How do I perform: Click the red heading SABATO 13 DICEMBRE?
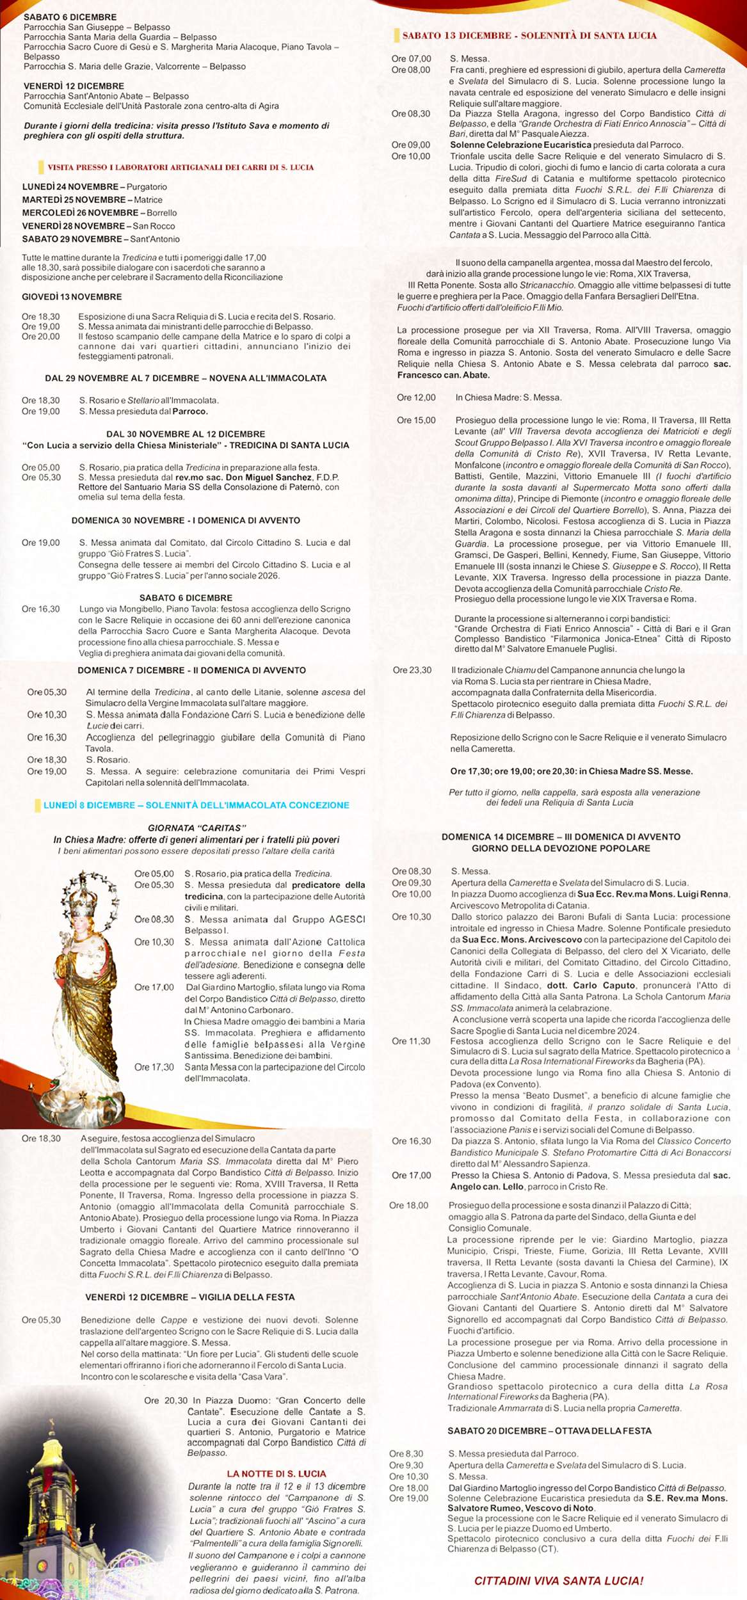[x=529, y=36]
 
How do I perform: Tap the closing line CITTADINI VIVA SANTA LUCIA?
[x=559, y=1581]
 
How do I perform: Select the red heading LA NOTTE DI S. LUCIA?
[x=277, y=1474]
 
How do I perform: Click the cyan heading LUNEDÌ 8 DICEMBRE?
[x=196, y=805]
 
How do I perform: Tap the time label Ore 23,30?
[x=412, y=670]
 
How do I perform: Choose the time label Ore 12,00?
[x=416, y=397]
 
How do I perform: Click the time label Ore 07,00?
[x=411, y=59]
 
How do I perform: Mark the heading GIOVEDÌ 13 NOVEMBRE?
[x=72, y=297]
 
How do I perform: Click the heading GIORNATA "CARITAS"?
[x=197, y=828]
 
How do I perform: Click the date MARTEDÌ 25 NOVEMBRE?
[x=74, y=200]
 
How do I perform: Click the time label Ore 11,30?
[x=411, y=1041]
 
